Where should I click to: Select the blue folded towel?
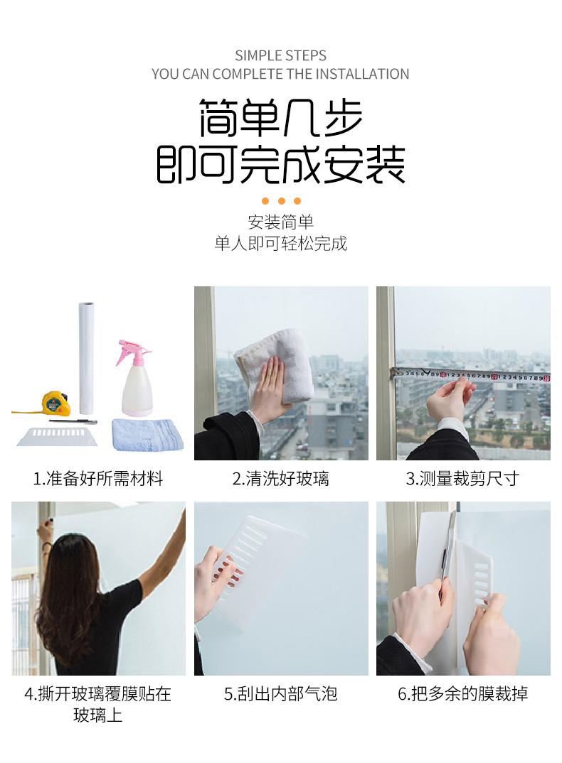(148, 434)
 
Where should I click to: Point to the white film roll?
(86, 359)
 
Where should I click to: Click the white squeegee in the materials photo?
(58, 436)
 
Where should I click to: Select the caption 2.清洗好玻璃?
(281, 479)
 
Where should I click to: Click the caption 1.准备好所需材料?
(98, 479)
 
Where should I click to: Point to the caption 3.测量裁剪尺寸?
(462, 479)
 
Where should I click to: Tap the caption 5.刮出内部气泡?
(281, 694)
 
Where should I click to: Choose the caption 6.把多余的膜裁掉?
(463, 694)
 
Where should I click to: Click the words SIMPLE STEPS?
(281, 55)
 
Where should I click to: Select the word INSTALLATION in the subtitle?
(362, 74)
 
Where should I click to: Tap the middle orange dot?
(281, 201)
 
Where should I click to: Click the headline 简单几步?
(281, 117)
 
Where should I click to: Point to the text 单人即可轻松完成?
(281, 243)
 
